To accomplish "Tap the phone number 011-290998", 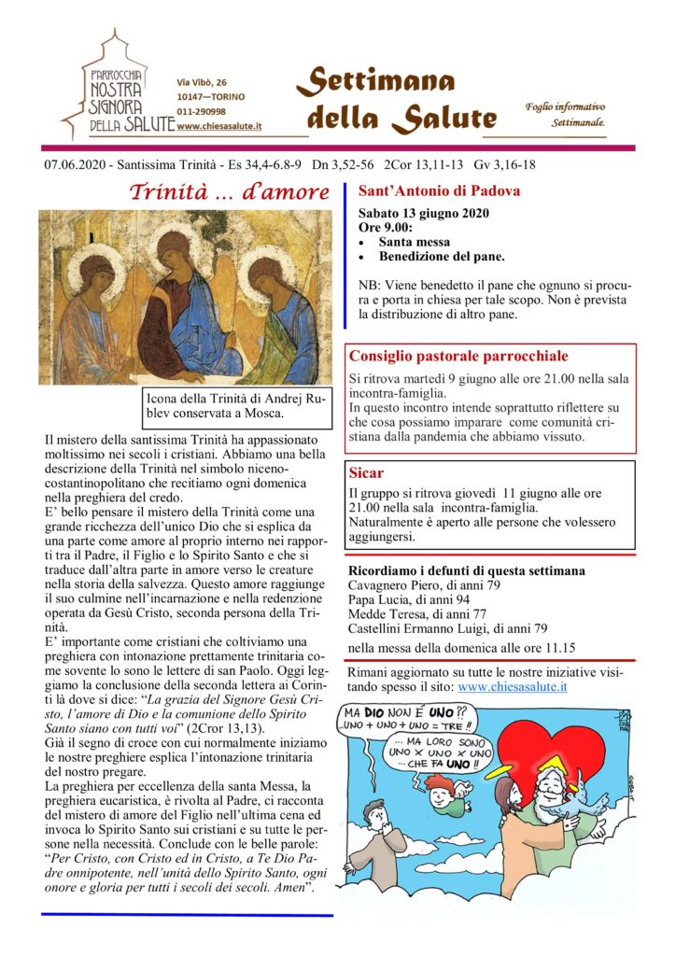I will point(201,110).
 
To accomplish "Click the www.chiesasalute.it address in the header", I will point(218,125).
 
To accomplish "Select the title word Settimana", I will point(376,83).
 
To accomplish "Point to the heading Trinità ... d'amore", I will point(229,192).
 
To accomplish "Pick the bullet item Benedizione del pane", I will point(442,256).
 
